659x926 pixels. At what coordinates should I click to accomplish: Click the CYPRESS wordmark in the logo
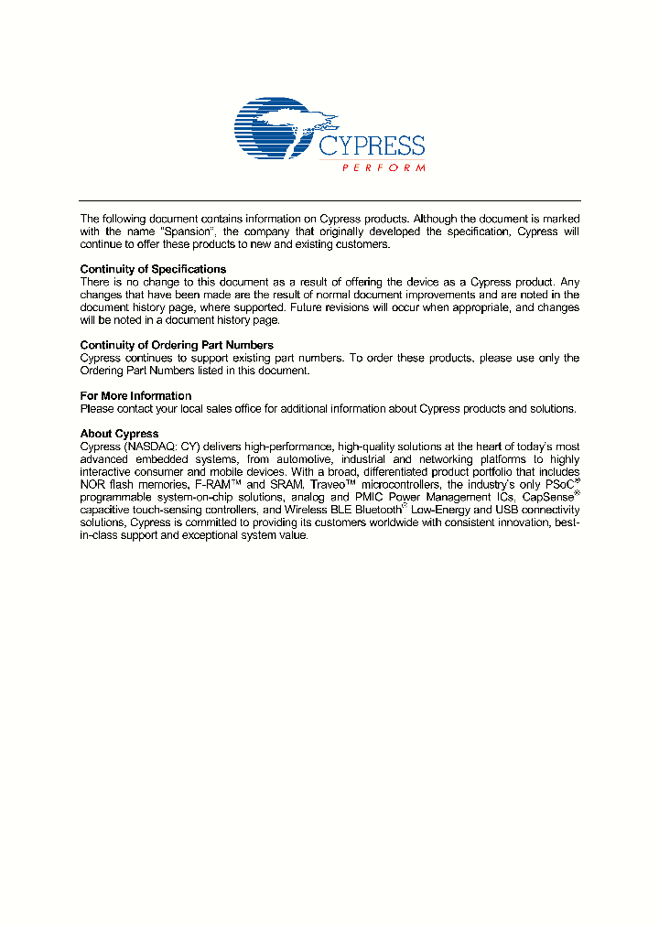[x=372, y=145]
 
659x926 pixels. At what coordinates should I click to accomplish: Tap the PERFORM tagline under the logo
[x=384, y=168]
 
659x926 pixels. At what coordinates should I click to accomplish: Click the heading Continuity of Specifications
[x=153, y=269]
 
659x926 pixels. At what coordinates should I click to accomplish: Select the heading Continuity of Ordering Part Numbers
[x=177, y=345]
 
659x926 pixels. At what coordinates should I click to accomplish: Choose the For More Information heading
[x=135, y=396]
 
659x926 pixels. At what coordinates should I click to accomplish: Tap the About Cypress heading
[x=119, y=434]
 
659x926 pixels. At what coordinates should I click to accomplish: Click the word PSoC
[x=559, y=484]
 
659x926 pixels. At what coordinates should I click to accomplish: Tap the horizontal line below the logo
[x=329, y=200]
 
